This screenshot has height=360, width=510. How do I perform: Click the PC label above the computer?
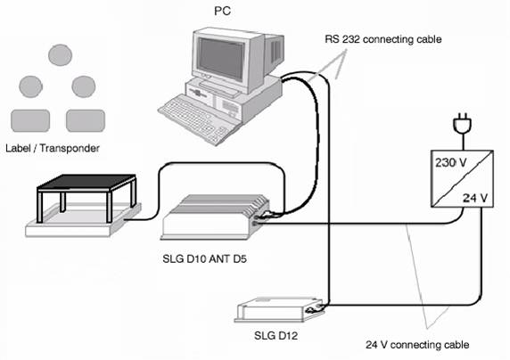223,11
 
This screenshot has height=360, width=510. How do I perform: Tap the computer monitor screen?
221,58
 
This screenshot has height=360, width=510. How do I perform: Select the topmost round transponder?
60,55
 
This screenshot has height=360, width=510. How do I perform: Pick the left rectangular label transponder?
30,120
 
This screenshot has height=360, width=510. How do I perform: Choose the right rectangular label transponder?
86,120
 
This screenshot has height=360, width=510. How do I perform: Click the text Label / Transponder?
53,148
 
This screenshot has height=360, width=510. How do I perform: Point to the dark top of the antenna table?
86,182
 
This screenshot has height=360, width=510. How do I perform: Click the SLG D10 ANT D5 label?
204,259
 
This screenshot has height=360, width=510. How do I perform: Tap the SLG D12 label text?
276,335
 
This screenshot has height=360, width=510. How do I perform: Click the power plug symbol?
462,124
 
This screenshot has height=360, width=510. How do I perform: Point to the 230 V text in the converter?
451,162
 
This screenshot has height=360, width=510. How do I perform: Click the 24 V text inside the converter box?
475,198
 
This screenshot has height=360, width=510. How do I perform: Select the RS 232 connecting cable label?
383,39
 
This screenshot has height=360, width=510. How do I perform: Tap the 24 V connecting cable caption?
417,345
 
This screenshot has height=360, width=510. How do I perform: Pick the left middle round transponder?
31,86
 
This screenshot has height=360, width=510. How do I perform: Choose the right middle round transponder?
84,86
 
